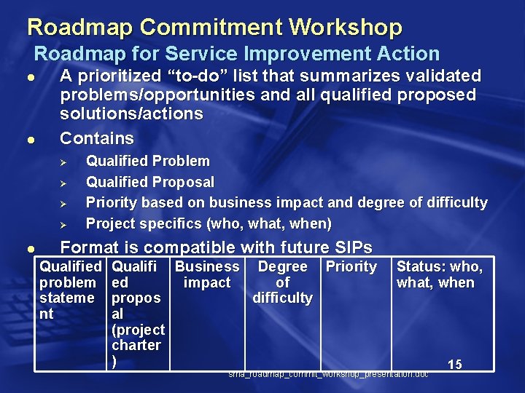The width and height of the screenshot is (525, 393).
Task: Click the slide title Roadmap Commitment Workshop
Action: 214,27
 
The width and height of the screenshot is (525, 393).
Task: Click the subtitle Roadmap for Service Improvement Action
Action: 237,54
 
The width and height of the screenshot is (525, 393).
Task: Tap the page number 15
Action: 454,365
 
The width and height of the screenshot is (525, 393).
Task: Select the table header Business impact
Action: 207,275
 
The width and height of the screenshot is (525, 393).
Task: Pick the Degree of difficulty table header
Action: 282,282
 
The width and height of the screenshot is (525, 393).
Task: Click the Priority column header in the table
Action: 351,267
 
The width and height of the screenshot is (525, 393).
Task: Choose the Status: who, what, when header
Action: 439,275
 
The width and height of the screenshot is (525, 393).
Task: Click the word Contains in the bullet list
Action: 97,138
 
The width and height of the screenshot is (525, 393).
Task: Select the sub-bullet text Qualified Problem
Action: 148,161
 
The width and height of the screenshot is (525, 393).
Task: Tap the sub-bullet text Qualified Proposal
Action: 150,182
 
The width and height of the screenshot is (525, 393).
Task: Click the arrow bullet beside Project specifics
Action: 63,223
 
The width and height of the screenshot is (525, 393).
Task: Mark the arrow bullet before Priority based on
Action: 63,203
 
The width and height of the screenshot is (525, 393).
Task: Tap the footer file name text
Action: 328,374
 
